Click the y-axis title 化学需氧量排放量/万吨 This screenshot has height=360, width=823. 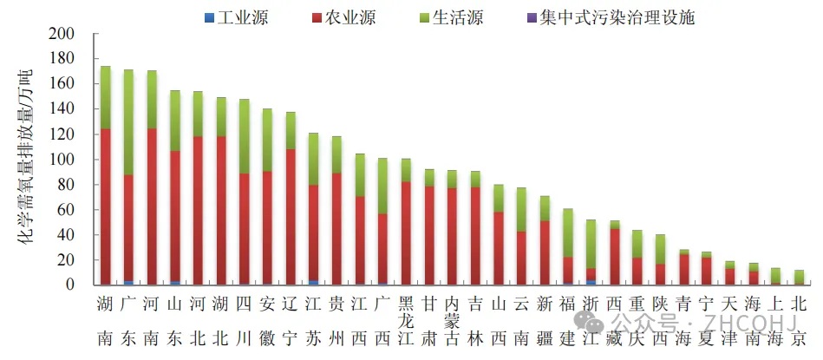[x=25, y=160]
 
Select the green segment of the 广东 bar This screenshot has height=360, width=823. [x=128, y=121]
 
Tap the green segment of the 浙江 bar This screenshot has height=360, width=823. [x=591, y=244]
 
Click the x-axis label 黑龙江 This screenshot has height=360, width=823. [x=405, y=321]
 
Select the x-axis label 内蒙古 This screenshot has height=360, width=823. [x=452, y=321]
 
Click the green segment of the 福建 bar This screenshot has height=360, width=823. [x=567, y=232]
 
